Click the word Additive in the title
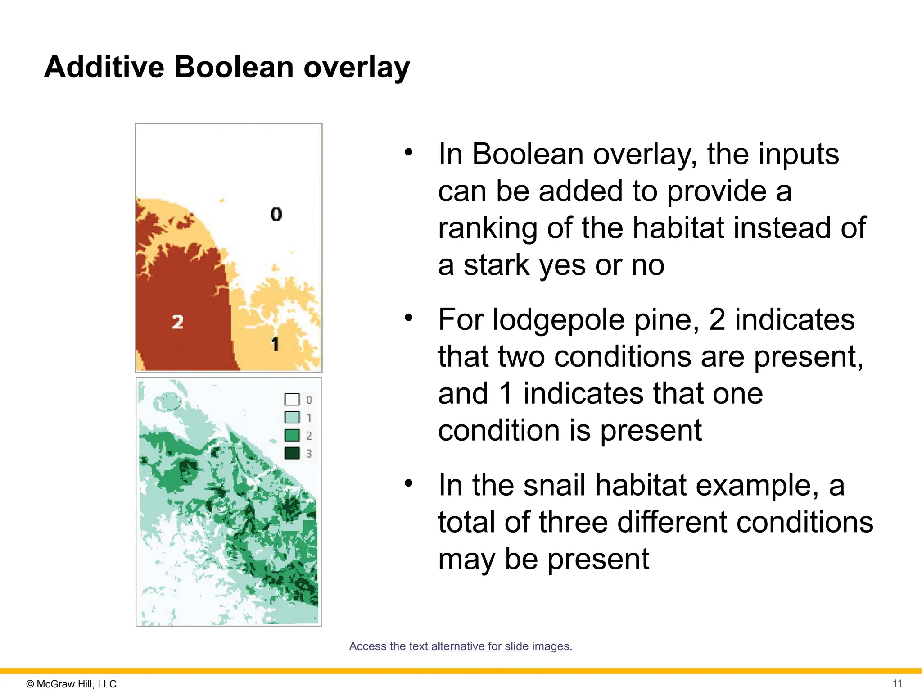(104, 67)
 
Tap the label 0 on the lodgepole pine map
(276, 214)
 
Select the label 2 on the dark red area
(177, 322)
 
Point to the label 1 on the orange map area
(275, 344)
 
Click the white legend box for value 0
(292, 400)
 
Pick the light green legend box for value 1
(292, 417)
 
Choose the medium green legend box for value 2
(292, 435)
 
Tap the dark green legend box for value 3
(292, 453)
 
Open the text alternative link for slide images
(461, 646)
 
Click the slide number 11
(897, 683)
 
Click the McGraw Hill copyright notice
(72, 684)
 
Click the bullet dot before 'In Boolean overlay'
(408, 152)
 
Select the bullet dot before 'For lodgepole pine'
(408, 318)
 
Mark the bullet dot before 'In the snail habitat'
(408, 483)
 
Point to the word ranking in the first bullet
(487, 228)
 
